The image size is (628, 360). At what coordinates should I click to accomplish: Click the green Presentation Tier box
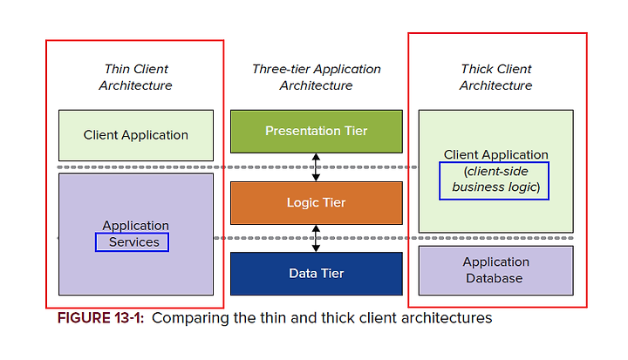pyautogui.click(x=317, y=132)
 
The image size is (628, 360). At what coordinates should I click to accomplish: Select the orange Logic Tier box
pyautogui.click(x=317, y=202)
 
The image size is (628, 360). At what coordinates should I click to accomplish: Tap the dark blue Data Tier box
pyautogui.click(x=317, y=274)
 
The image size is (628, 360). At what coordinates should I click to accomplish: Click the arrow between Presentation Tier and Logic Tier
pyautogui.click(x=316, y=167)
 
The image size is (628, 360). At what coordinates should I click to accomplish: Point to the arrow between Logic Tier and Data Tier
pyautogui.click(x=316, y=238)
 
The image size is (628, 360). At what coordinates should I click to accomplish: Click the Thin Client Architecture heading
pyautogui.click(x=136, y=77)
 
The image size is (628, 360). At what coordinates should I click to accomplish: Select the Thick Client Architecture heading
pyautogui.click(x=495, y=77)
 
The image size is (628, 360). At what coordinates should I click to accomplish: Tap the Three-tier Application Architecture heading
pyautogui.click(x=317, y=77)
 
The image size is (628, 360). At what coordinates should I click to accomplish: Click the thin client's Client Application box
pyautogui.click(x=136, y=135)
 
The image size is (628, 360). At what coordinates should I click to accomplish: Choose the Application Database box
pyautogui.click(x=495, y=271)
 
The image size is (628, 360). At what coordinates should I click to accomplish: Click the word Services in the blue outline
pyautogui.click(x=134, y=242)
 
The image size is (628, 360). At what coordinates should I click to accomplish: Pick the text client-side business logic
pyautogui.click(x=495, y=180)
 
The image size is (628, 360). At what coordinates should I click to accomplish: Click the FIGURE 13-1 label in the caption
pyautogui.click(x=100, y=318)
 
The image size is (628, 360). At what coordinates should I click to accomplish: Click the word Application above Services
pyautogui.click(x=136, y=226)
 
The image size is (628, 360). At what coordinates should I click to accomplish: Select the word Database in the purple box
pyautogui.click(x=495, y=278)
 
